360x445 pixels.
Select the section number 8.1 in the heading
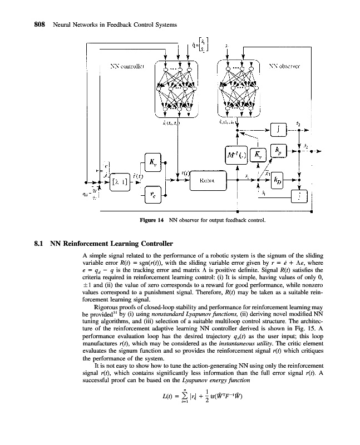coord(41,243)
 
